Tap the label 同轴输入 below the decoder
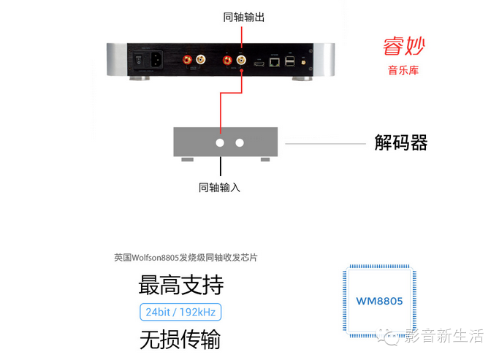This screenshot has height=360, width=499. [219, 188]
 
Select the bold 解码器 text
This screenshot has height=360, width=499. [400, 142]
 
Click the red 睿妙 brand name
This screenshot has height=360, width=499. [403, 46]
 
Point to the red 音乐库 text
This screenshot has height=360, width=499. [403, 72]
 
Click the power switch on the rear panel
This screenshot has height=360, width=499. [137, 61]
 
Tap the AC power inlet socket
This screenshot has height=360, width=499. [156, 61]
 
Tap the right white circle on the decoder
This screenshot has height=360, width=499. [240, 143]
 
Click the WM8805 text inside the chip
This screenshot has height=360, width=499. [379, 301]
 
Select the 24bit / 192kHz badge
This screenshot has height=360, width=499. [180, 312]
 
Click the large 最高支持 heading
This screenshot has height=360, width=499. [180, 285]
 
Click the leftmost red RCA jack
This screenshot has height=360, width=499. [188, 59]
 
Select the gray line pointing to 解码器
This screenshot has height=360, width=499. [324, 143]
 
